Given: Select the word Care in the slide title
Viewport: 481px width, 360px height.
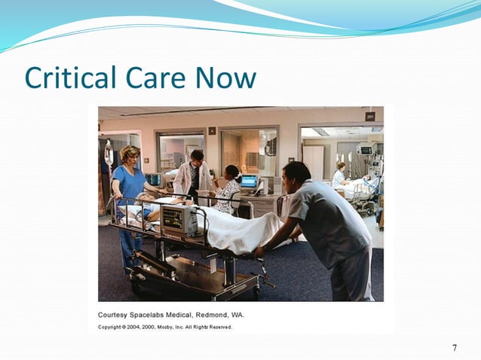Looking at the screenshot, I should (158, 78).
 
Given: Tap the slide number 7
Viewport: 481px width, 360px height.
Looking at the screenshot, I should (454, 347).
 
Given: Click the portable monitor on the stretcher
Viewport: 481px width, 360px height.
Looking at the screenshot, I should (179, 221).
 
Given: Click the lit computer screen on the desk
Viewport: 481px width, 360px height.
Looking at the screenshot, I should (249, 182).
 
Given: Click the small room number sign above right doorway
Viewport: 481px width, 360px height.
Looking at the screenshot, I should (369, 116).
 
